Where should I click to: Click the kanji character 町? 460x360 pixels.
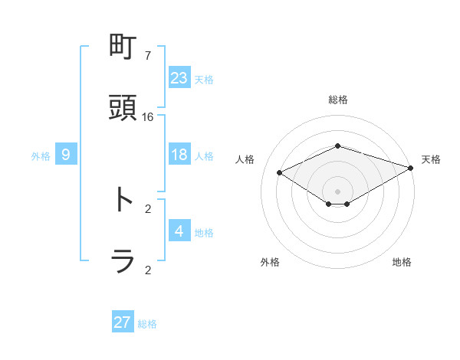pyautogui.click(x=123, y=47)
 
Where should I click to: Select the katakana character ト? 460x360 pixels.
pyautogui.click(x=123, y=199)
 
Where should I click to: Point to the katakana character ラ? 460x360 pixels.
pyautogui.click(x=123, y=261)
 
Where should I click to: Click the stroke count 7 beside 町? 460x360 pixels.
pyautogui.click(x=148, y=56)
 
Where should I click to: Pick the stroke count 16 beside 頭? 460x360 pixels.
pyautogui.click(x=148, y=116)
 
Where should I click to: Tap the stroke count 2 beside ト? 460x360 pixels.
pyautogui.click(x=148, y=208)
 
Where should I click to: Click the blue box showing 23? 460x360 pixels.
pyautogui.click(x=179, y=78)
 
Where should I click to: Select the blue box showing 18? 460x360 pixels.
pyautogui.click(x=179, y=155)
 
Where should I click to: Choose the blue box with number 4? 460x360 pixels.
pyautogui.click(x=179, y=231)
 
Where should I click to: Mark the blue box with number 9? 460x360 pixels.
pyautogui.click(x=66, y=155)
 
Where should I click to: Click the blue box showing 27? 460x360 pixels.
pyautogui.click(x=123, y=322)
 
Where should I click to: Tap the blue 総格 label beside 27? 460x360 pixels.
pyautogui.click(x=147, y=324)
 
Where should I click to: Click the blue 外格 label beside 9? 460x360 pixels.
pyautogui.click(x=41, y=156)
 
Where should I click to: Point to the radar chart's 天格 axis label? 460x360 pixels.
pyautogui.click(x=431, y=159)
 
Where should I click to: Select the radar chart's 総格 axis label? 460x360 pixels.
pyautogui.click(x=337, y=100)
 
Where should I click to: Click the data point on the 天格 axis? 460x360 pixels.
pyautogui.click(x=412, y=168)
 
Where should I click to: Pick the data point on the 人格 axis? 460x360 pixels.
pyautogui.click(x=280, y=173)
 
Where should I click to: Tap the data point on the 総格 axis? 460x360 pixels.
pyautogui.click(x=337, y=146)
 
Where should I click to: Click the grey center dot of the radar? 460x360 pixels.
pyautogui.click(x=337, y=191)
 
